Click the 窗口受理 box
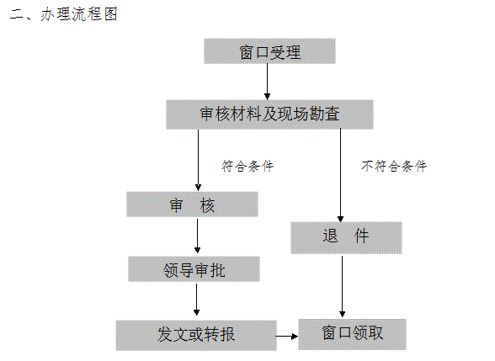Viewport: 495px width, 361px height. click(269, 51)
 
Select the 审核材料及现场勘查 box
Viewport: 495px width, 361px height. click(269, 114)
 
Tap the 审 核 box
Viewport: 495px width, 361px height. click(192, 204)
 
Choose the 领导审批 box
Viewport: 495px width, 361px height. click(194, 269)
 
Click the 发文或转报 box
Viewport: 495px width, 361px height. click(196, 336)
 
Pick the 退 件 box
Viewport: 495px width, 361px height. click(346, 238)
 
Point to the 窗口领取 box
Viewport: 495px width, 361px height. click(352, 334)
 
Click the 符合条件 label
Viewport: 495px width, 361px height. click(247, 166)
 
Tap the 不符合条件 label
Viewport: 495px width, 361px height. click(394, 166)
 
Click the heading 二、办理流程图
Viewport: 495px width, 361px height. click(63, 14)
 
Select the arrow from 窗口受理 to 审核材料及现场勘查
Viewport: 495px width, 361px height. click(268, 82)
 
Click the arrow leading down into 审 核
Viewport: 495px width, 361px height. click(199, 160)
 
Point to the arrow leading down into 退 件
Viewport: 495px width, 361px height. click(340, 175)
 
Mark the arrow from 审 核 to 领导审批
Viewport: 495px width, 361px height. click(197, 236)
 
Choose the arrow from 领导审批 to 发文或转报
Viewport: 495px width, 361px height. click(196, 300)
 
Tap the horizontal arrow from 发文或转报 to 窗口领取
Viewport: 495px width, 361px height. click(287, 337)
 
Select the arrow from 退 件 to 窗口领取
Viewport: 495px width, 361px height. click(342, 286)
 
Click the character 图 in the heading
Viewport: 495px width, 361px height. click(111, 14)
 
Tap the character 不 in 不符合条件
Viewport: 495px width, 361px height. click(367, 166)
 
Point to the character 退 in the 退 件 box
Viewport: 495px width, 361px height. click(330, 236)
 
